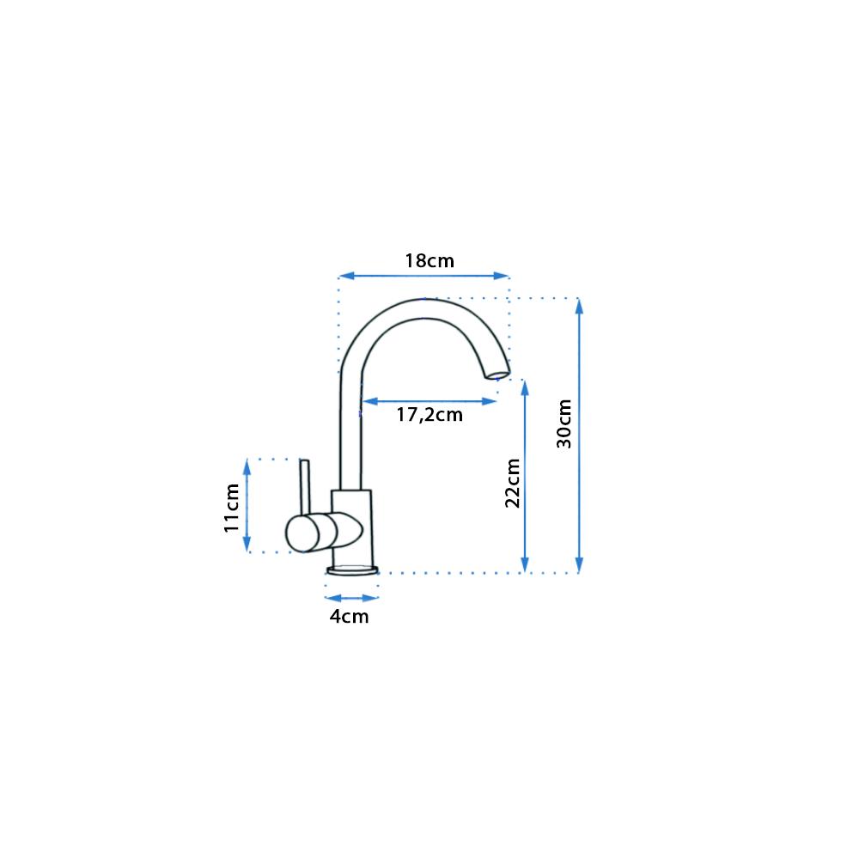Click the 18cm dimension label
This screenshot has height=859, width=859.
tap(429, 261)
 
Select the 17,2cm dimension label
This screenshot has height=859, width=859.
tap(429, 415)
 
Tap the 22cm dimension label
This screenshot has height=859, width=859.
tap(513, 483)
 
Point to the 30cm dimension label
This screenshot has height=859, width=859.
tap(564, 423)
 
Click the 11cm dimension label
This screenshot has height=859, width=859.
tap(232, 508)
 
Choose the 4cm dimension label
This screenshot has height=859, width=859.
tap(349, 616)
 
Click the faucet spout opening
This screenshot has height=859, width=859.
tap(497, 375)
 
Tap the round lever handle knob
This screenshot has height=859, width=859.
tap(302, 533)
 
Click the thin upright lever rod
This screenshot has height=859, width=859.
tap(305, 487)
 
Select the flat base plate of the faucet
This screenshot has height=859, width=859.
tap(352, 571)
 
